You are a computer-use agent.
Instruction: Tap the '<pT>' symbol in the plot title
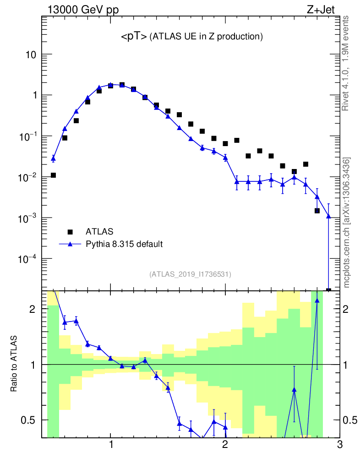(x=134, y=37)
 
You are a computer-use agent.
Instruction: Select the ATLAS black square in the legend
(x=70, y=232)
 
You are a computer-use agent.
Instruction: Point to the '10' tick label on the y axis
(x=30, y=55)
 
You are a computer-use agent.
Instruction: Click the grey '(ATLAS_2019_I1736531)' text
(x=190, y=274)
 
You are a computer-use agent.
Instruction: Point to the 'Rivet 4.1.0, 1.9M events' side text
(x=346, y=63)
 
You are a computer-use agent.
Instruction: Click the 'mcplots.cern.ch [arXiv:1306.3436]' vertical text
(x=347, y=223)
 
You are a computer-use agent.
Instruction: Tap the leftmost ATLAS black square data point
(x=53, y=175)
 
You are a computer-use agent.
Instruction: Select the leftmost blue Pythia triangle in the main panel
(x=53, y=158)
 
